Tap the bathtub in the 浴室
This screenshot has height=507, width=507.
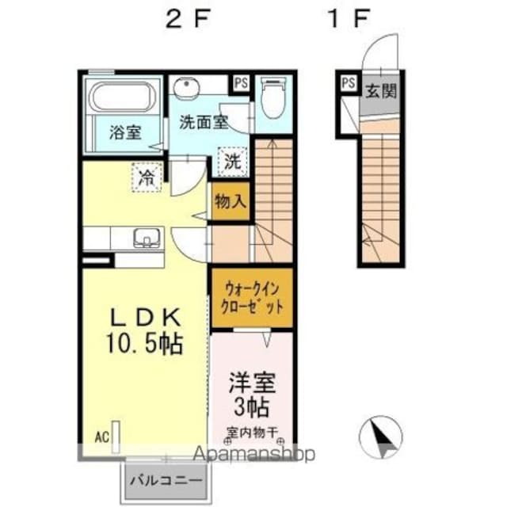(x=124, y=97)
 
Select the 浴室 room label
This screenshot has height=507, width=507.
(x=125, y=132)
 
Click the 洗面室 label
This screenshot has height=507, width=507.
(x=204, y=122)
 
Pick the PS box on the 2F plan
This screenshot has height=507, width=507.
(x=239, y=82)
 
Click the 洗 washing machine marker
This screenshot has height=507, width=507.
(x=231, y=162)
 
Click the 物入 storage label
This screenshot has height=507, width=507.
(x=230, y=202)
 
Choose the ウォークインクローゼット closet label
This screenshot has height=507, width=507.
(x=251, y=298)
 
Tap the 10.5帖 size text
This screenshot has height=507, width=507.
(x=146, y=344)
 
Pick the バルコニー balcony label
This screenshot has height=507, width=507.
(x=166, y=480)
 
